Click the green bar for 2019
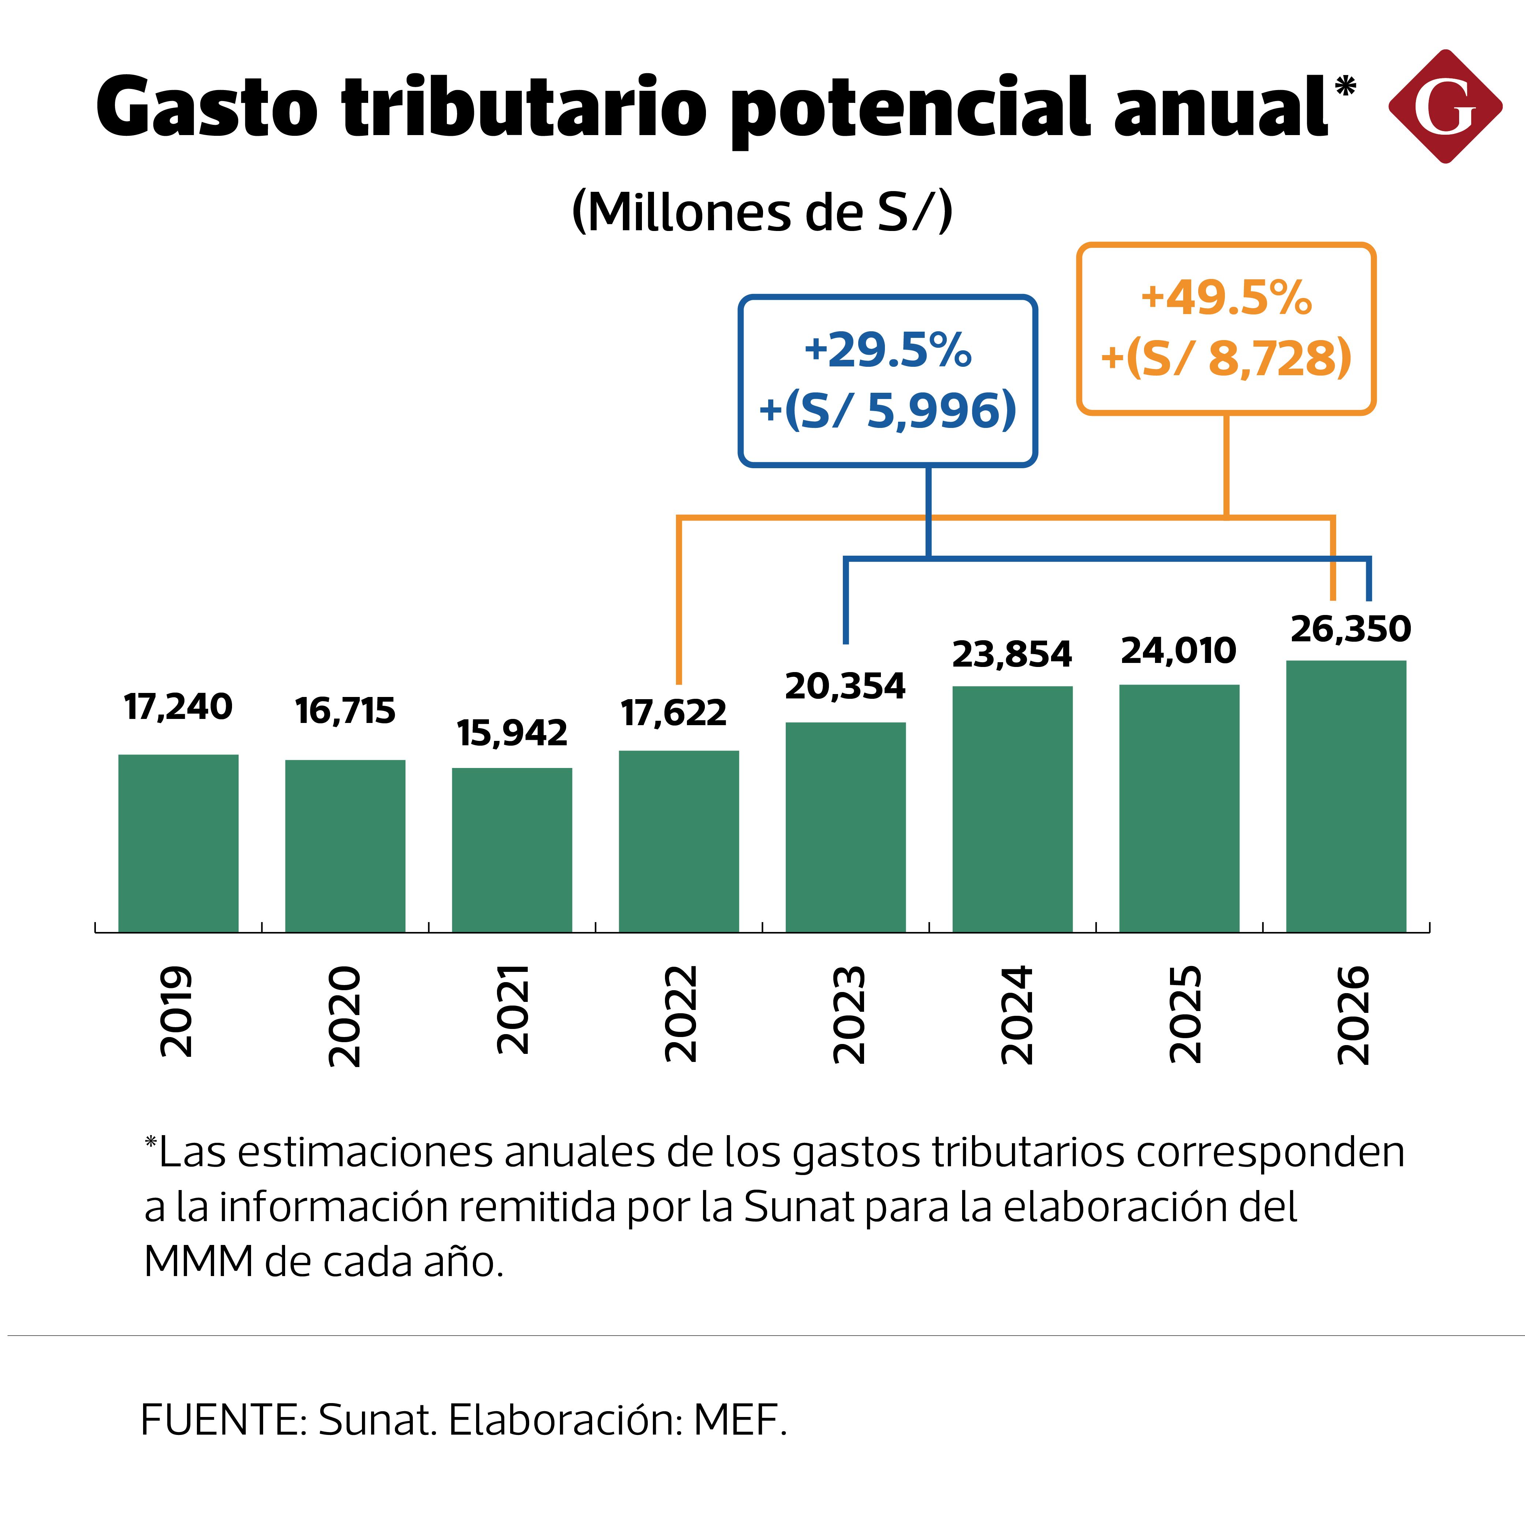point(178,843)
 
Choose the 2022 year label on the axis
point(680,1014)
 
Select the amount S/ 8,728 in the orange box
point(1239,358)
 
